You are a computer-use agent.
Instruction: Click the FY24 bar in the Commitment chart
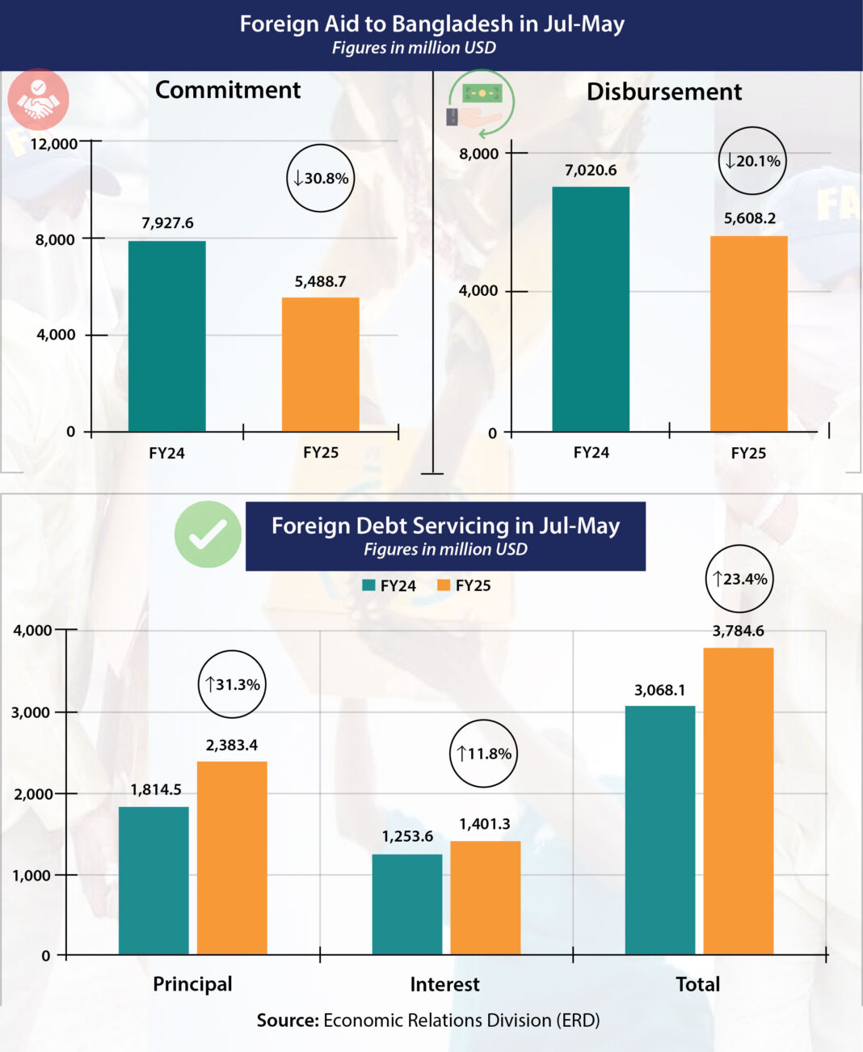coord(166,336)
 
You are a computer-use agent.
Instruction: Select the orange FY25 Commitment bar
coord(320,364)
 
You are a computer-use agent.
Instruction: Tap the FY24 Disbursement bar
coord(591,309)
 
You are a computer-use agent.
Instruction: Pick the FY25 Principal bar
coord(232,857)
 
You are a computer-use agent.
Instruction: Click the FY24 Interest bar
coord(407,904)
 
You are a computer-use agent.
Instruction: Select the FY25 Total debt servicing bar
coord(738,801)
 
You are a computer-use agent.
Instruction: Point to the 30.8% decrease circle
coord(321,178)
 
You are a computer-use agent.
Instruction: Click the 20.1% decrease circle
coord(752,161)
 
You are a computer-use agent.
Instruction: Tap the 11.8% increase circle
coord(483,754)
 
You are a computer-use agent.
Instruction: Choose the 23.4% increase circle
coord(739,579)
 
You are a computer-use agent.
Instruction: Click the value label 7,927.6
coord(167,223)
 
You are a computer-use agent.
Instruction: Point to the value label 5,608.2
coord(749,218)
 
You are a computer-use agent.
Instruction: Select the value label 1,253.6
coord(407,836)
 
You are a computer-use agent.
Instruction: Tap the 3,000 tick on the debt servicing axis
coord(32,712)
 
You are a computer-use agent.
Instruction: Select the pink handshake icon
coord(38,99)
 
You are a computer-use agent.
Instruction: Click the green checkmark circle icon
coord(208,534)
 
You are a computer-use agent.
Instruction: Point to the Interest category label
coord(444,984)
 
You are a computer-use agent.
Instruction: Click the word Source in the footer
coord(288,1020)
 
